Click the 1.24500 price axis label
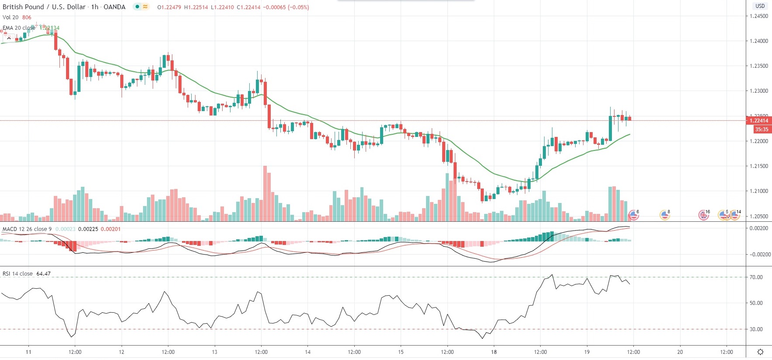pyautogui.click(x=758, y=16)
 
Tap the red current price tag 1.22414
pyautogui.click(x=758, y=121)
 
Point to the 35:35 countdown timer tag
pyautogui.click(x=761, y=129)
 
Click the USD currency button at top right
pyautogui.click(x=760, y=6)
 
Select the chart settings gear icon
pyautogui.click(x=761, y=352)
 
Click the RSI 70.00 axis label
pyautogui.click(x=756, y=277)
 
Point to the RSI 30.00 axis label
pyautogui.click(x=756, y=329)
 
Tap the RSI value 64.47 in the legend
pyautogui.click(x=43, y=274)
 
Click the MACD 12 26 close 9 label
pyautogui.click(x=27, y=229)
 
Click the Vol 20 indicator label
pyautogui.click(x=10, y=17)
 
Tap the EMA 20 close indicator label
pyautogui.click(x=19, y=28)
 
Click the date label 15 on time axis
pyautogui.click(x=401, y=352)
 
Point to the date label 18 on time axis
pyautogui.click(x=494, y=352)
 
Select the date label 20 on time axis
pyautogui.click(x=680, y=352)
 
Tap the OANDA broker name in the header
pyautogui.click(x=114, y=7)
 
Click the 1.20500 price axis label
pyautogui.click(x=758, y=217)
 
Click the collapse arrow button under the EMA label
pyautogui.click(x=9, y=38)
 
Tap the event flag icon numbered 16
pyautogui.click(x=703, y=215)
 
